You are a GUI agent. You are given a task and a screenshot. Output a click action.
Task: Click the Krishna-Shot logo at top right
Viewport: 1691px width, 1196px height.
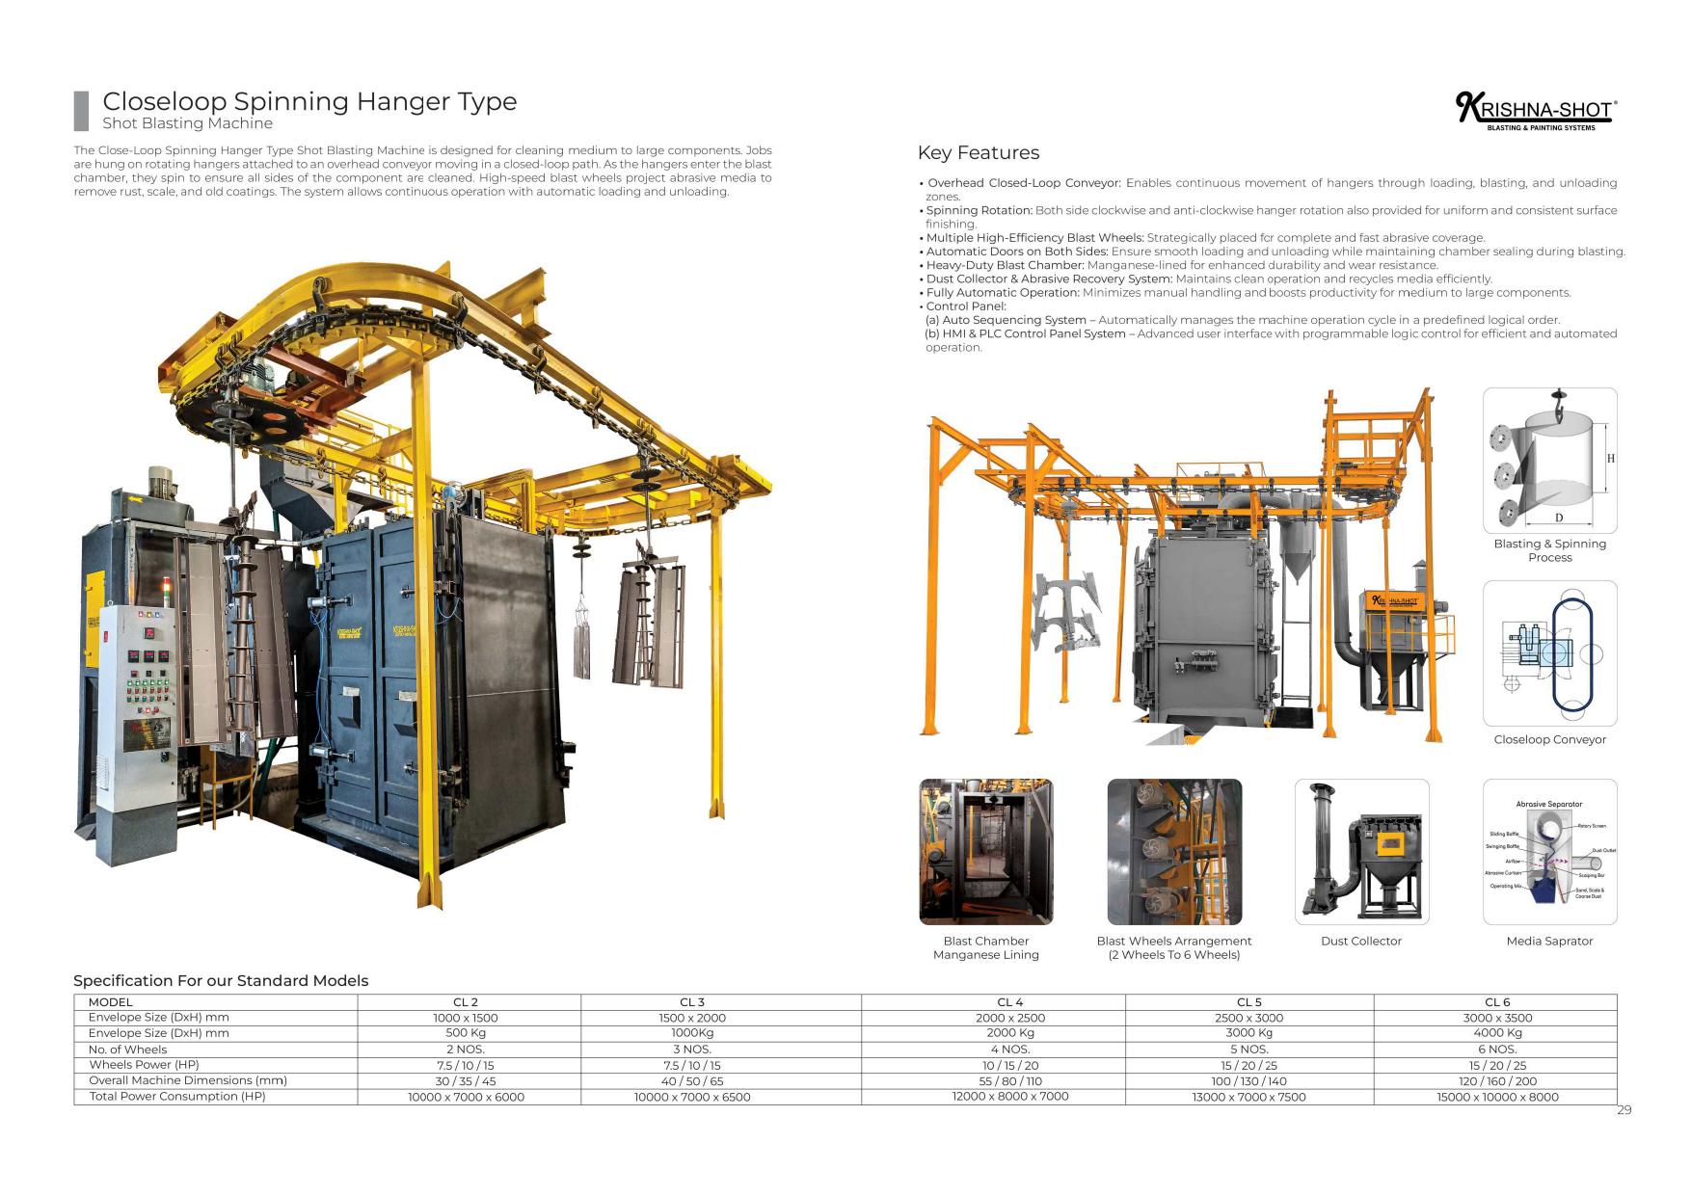coord(1535,111)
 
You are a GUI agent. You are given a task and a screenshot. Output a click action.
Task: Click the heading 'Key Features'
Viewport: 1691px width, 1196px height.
coord(978,152)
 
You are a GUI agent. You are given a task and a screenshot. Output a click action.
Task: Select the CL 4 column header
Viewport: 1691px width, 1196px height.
coord(1009,1002)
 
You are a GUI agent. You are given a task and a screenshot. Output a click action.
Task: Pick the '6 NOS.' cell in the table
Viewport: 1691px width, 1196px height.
coord(1496,1049)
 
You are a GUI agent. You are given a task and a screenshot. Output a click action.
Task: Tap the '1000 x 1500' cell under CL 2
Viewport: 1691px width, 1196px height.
coord(466,1018)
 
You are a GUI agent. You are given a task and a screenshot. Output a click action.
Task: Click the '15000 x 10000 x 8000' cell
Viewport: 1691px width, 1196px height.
coord(1496,1097)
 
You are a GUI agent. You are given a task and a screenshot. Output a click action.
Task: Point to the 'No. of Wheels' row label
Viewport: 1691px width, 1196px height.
coord(127,1050)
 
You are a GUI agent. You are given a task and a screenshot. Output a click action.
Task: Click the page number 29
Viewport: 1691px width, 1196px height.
coord(1624,1110)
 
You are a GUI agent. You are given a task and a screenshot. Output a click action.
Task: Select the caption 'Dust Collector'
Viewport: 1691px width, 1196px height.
coord(1360,941)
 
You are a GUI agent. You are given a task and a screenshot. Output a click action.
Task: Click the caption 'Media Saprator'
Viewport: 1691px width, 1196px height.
coord(1549,941)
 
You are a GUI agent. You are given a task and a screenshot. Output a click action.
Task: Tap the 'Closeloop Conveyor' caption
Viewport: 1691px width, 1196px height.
coord(1549,739)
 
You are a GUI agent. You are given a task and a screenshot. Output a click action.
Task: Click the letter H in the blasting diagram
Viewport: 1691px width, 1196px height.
coord(1610,459)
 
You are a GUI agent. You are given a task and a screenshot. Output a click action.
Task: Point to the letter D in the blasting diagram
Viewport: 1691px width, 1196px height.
coord(1558,518)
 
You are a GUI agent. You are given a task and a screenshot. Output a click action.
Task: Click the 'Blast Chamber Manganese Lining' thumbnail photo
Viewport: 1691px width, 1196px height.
coord(985,851)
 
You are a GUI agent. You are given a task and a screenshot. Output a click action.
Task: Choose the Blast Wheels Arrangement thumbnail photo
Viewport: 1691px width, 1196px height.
coord(1173,851)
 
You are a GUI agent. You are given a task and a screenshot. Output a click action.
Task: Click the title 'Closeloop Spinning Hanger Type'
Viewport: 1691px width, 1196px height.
coord(309,101)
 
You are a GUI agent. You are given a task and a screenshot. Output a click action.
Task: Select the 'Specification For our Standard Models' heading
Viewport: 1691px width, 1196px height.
coord(221,980)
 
